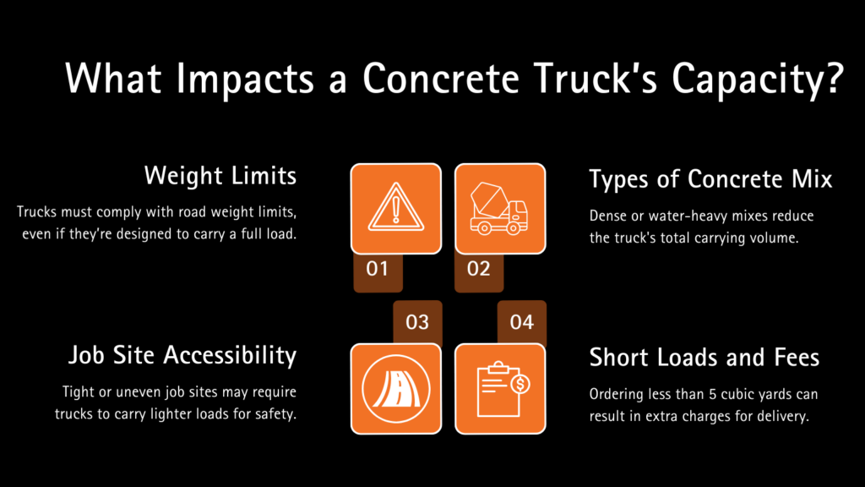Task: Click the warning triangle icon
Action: (x=395, y=209)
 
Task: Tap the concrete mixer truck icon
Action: (x=500, y=209)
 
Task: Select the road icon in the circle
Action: (x=395, y=389)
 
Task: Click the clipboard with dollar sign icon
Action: (x=500, y=389)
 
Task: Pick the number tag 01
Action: (x=378, y=270)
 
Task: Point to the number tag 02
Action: (x=478, y=270)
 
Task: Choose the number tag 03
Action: (x=417, y=322)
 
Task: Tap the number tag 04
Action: (x=522, y=322)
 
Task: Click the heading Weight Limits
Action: (x=220, y=176)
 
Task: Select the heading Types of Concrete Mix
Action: (x=710, y=179)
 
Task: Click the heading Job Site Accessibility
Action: (x=182, y=356)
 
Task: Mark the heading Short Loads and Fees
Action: (x=704, y=358)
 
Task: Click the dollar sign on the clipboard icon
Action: (x=520, y=385)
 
